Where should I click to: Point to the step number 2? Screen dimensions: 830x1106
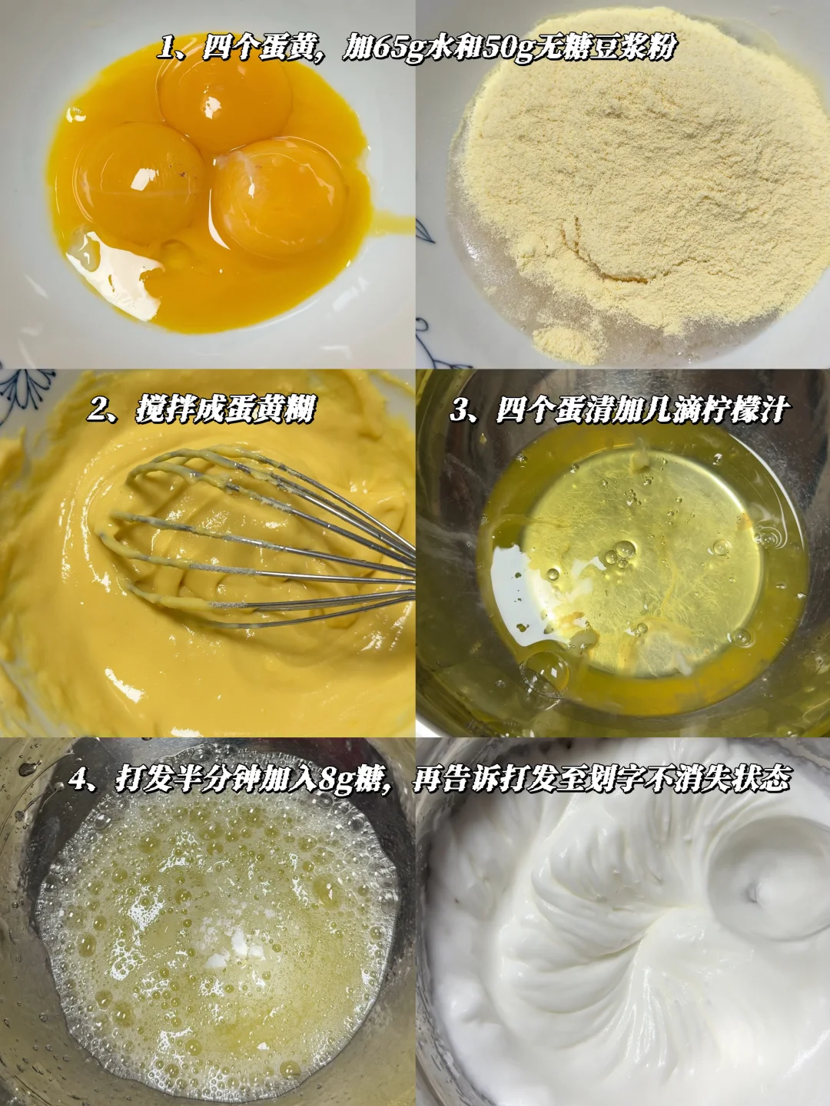pos(97,410)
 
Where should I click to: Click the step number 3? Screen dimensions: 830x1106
pos(459,410)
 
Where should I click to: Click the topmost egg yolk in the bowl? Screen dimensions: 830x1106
pos(225,106)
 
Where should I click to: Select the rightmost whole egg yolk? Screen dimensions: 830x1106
pos(279,199)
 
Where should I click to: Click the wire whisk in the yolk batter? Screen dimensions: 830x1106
pos(262,539)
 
